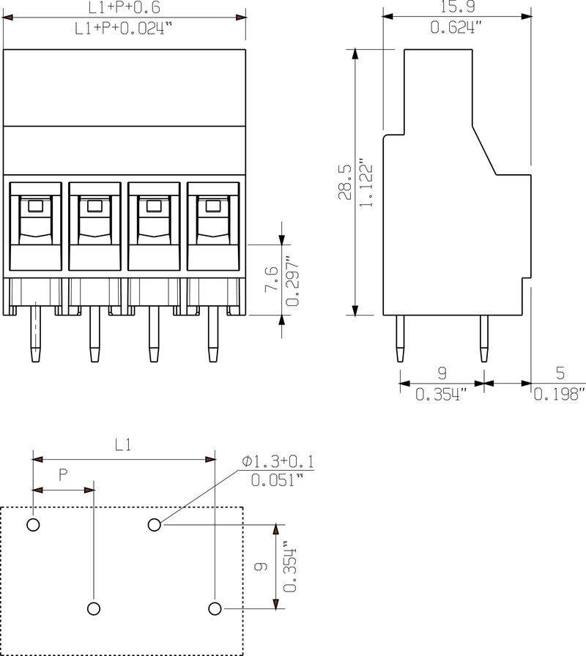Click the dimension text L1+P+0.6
[x=123, y=8]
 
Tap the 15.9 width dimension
[x=457, y=8]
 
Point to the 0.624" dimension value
[x=457, y=29]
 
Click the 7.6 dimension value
[x=270, y=280]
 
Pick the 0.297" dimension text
[x=292, y=280]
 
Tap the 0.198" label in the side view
[x=560, y=395]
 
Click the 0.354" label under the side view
[x=442, y=395]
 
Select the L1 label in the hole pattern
[x=123, y=444]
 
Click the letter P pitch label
[x=63, y=474]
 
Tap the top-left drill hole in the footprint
[x=33, y=524]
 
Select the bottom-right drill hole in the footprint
[x=215, y=608]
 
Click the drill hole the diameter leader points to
[x=154, y=524]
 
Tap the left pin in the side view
[x=399, y=338]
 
